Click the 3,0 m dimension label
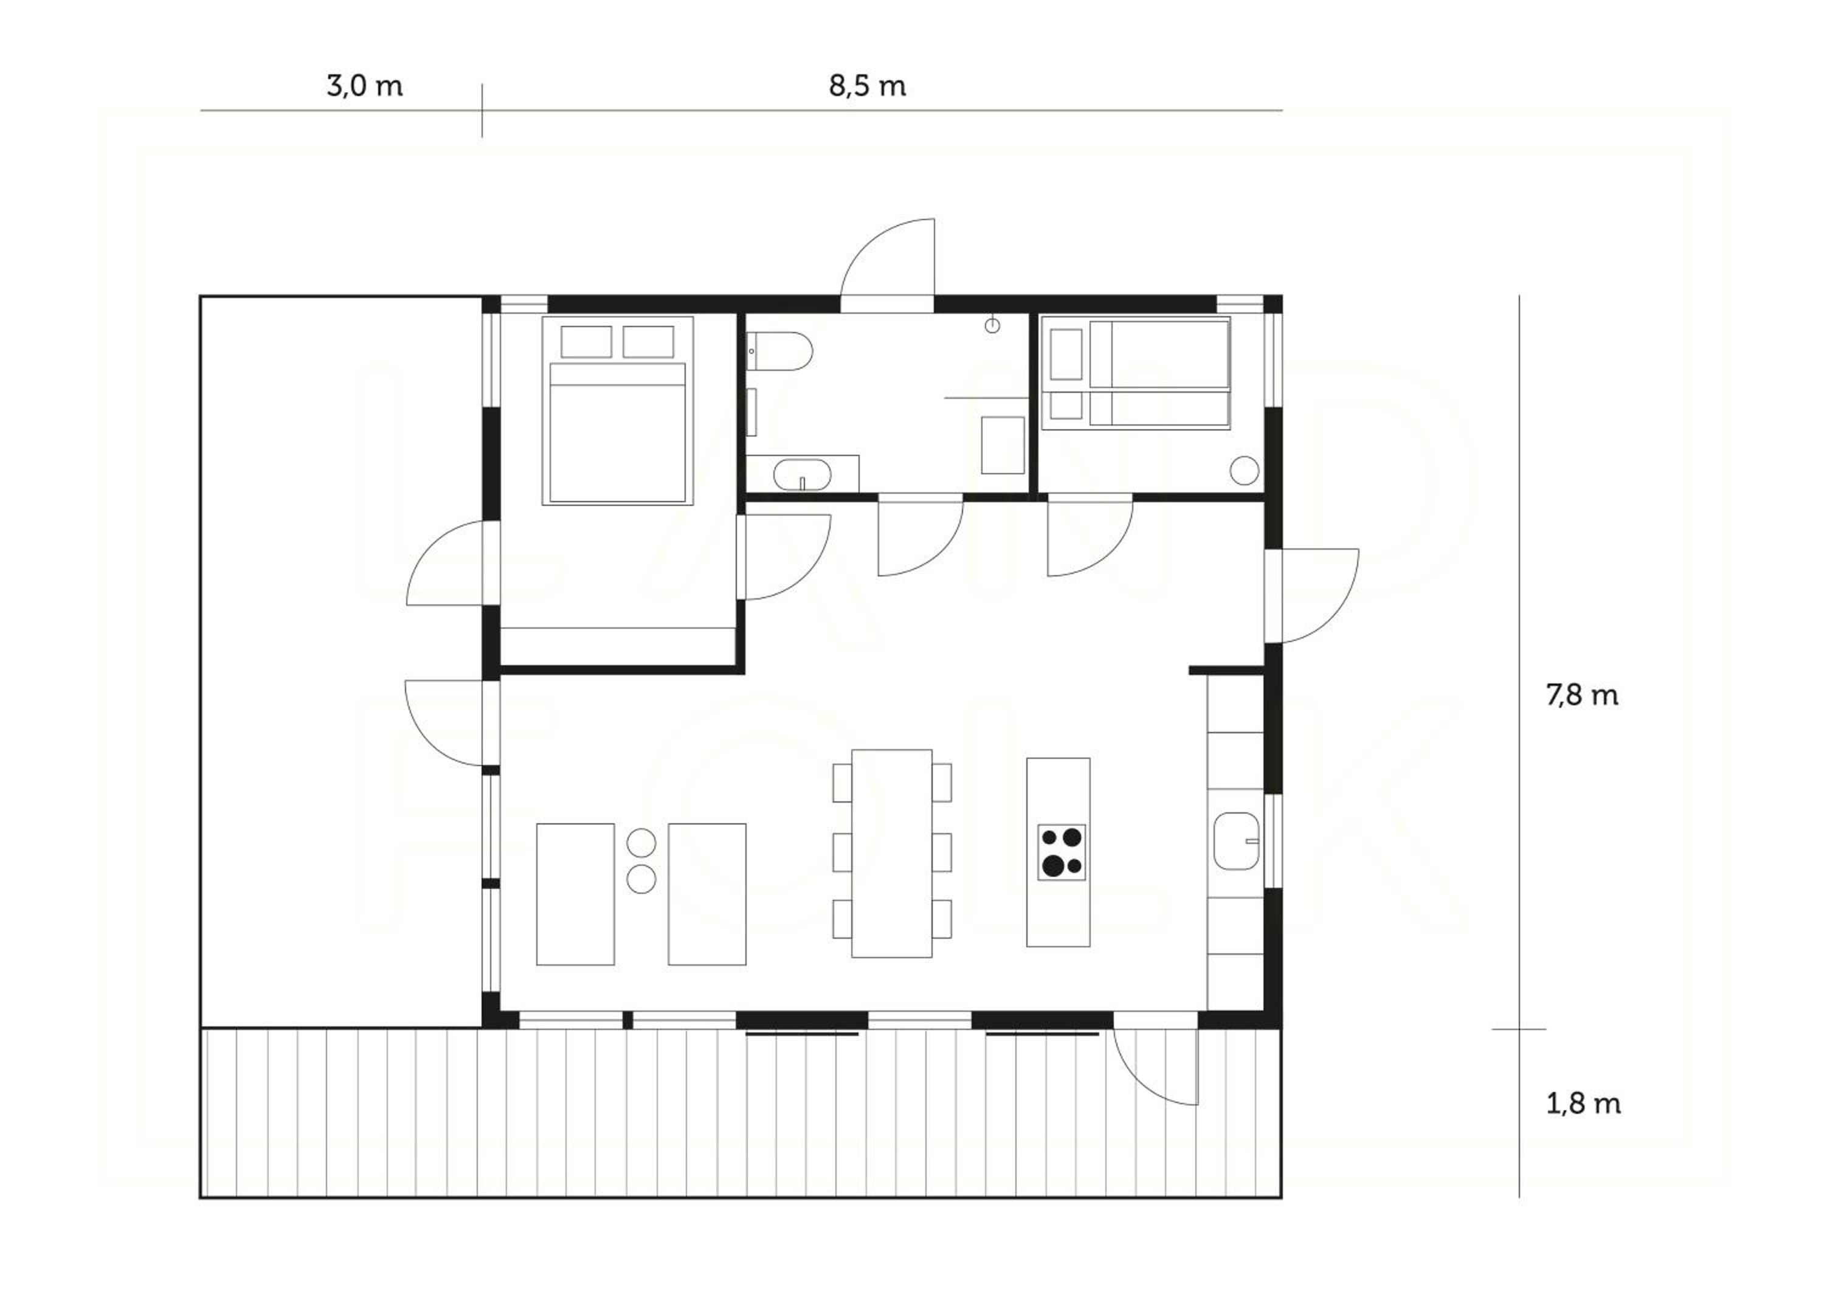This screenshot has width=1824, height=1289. tap(365, 86)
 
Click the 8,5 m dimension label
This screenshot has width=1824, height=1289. tap(868, 86)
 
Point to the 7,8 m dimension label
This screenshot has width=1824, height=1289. tap(1581, 695)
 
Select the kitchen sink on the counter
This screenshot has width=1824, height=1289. tap(1237, 840)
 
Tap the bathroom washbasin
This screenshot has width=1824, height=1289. tap(803, 474)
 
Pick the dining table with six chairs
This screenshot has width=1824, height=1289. tap(892, 853)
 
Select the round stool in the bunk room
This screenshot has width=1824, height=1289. tap(1244, 470)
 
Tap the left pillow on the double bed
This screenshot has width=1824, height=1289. tap(586, 342)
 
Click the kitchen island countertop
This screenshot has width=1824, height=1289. tap(1058, 852)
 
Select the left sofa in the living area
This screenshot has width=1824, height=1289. tap(575, 894)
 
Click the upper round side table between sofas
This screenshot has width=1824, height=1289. tap(641, 843)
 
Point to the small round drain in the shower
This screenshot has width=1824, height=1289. tap(992, 325)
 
